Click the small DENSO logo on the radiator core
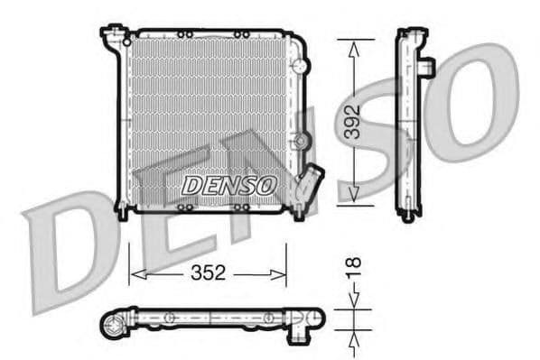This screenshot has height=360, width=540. pyautogui.click(x=228, y=185)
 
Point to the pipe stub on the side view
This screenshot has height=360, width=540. pyautogui.click(x=428, y=68)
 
